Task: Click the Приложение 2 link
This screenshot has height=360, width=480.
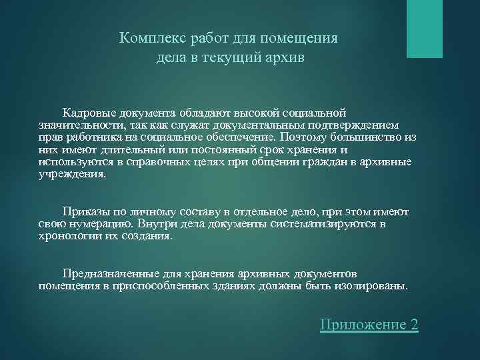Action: pyautogui.click(x=369, y=325)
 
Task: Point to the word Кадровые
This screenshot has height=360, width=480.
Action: pyautogui.click(x=89, y=113)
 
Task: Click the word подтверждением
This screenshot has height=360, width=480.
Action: pyautogui.click(x=357, y=125)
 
